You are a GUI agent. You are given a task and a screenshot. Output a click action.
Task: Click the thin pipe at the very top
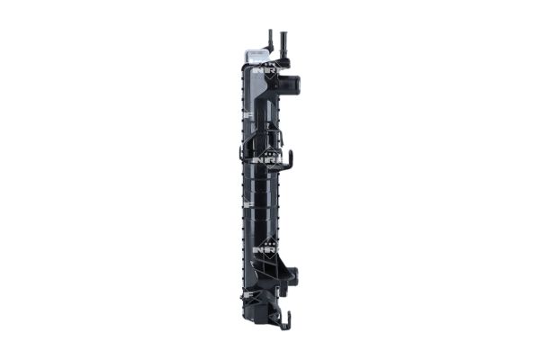[269, 38]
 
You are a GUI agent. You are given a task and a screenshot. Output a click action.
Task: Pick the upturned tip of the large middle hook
[292, 157]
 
